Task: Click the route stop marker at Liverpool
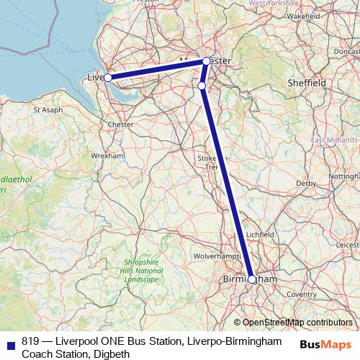point(107,77)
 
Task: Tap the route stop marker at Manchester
point(207,61)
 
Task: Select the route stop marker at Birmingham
point(252,280)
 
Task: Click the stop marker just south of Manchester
point(202,86)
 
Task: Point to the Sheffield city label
point(306,84)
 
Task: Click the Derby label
point(305,184)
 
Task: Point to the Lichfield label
point(259,235)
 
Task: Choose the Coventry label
point(301,294)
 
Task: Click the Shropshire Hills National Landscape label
point(140,271)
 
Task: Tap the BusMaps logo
point(325,343)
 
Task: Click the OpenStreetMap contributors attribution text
point(297,323)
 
